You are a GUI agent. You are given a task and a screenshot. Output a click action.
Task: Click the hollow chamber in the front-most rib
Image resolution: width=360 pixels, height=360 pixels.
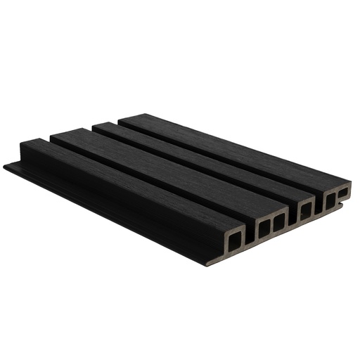tap(234, 240)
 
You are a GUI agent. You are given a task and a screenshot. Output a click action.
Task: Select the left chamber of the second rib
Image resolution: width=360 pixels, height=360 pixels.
tap(264, 227)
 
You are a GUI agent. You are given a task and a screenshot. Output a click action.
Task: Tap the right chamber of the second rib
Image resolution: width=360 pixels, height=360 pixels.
tap(279, 221)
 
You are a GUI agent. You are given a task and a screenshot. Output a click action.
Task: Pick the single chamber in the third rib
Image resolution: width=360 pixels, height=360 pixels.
tap(306, 209)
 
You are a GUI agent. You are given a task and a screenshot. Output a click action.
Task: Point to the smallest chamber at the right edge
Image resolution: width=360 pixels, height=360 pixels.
tap(343, 191)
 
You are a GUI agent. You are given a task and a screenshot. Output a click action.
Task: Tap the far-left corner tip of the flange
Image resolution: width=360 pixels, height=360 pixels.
tap(6, 167)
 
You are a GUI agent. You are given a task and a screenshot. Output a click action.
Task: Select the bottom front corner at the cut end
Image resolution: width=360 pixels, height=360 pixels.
tap(209, 263)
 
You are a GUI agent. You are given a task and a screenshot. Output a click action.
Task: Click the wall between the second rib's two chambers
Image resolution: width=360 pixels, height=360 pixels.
tap(271, 224)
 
